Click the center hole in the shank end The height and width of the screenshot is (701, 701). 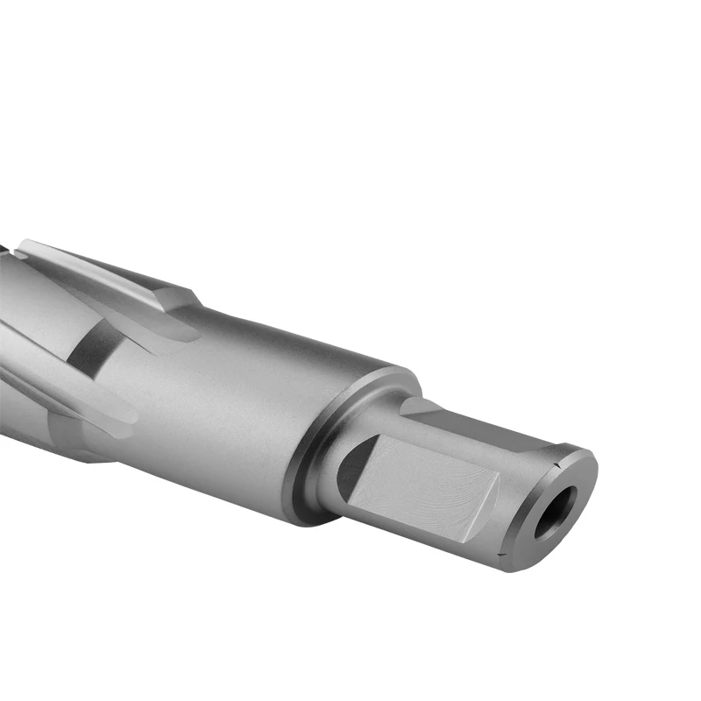[x=556, y=511]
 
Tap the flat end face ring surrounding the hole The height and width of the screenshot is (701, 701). [x=570, y=491]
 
